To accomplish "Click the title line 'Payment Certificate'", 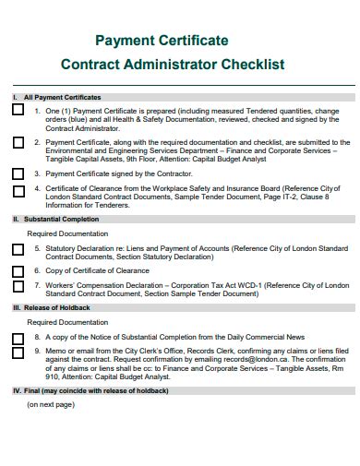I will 162,42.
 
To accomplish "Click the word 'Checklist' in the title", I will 251,65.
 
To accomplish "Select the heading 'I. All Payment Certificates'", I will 56,97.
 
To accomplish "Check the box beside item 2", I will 18,143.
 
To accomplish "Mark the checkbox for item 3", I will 18,173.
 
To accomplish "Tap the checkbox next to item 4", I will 18,191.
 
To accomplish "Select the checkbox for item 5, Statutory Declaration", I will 18,249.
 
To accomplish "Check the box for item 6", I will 18,271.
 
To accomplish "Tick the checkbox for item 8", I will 18,338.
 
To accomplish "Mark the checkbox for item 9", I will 18,352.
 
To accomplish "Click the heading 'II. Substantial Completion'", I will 54,220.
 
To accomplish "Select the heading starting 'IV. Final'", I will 90,391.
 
